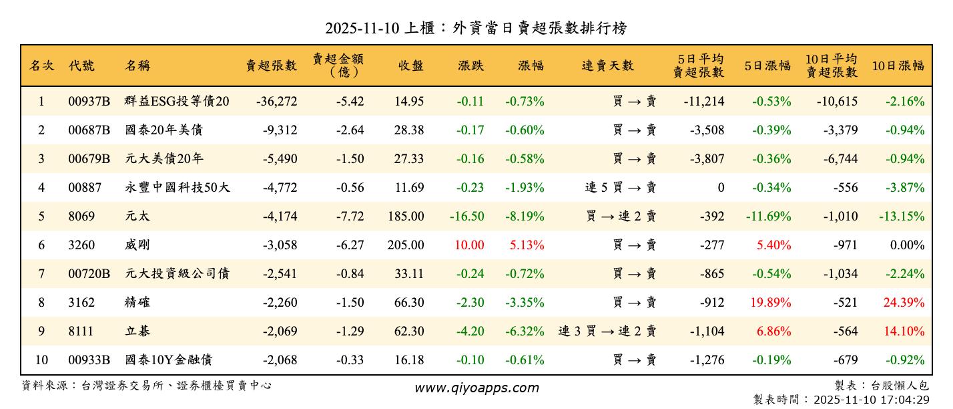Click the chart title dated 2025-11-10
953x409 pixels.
(476, 28)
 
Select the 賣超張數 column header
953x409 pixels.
(271, 65)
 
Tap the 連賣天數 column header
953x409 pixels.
(607, 65)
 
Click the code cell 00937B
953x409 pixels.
(89, 102)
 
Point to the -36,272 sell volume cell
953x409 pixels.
(276, 102)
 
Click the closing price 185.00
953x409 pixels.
(405, 217)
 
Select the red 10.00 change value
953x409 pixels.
(468, 245)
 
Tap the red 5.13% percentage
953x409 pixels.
(527, 245)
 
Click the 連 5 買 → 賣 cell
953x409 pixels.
(620, 188)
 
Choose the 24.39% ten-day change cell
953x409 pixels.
(904, 303)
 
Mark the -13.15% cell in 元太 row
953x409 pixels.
(901, 217)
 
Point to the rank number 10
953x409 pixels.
(41, 360)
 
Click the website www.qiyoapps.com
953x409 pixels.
(476, 388)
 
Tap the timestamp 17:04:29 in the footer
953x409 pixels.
(905, 400)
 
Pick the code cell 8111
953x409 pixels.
(81, 331)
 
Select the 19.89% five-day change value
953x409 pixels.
(770, 303)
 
